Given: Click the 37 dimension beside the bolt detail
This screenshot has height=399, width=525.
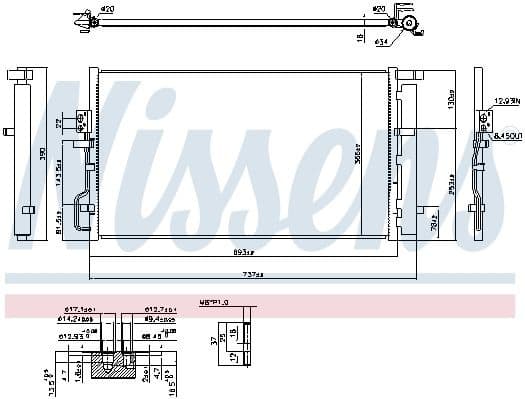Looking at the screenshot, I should [213, 340].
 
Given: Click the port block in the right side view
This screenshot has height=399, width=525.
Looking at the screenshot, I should [485, 117].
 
